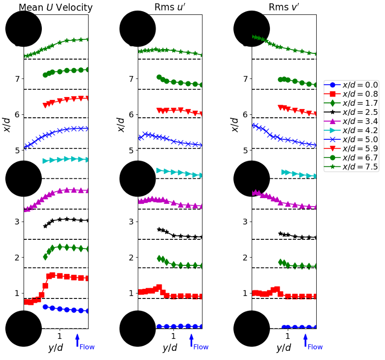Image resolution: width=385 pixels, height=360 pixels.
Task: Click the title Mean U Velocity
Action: point(55,7)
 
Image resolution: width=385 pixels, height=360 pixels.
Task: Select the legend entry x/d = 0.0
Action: point(351,85)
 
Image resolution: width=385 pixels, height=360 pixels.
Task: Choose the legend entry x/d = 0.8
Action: point(351,94)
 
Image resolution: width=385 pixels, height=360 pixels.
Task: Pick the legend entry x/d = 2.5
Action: point(351,112)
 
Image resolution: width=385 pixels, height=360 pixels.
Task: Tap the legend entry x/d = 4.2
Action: point(351,131)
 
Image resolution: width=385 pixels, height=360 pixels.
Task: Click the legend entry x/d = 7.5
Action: point(351,167)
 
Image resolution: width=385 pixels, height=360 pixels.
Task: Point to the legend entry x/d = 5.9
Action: point(351,149)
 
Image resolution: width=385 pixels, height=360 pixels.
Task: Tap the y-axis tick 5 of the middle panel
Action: point(131,150)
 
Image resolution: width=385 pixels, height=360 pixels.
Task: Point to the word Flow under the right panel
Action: point(315,347)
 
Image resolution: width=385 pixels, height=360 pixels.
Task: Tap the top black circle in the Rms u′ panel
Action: point(138,29)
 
